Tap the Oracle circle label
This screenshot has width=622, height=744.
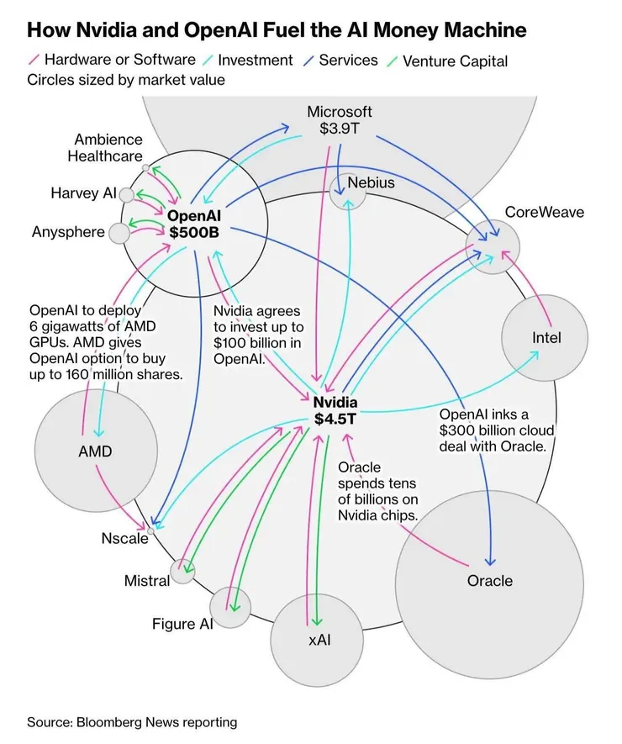click(490, 580)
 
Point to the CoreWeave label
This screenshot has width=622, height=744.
click(544, 212)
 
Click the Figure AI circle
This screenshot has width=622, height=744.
click(229, 606)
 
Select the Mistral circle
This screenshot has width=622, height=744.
click(182, 572)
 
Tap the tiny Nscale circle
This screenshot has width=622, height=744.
click(151, 530)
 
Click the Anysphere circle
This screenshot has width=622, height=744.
click(120, 232)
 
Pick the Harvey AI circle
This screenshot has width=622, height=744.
click(127, 195)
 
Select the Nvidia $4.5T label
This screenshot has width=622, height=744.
click(335, 410)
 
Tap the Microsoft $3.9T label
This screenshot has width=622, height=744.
click(339, 120)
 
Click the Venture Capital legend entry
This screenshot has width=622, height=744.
click(455, 61)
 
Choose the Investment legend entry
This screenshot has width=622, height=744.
click(255, 61)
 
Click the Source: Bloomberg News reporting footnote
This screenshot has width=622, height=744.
click(132, 722)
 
